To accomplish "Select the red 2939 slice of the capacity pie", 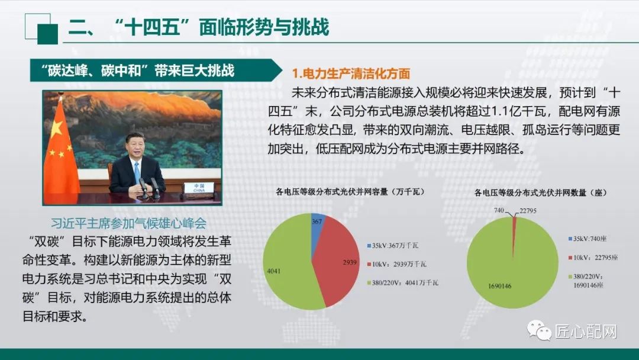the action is coord(336,261).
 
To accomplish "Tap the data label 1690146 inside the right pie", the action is coord(499,286).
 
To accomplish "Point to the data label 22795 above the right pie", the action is coord(528,211).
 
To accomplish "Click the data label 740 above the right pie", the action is coord(499,210).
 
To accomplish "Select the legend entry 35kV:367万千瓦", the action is coord(392,246).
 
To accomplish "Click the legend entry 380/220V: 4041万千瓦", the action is coord(403,282).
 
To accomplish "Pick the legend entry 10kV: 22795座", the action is coord(593,258).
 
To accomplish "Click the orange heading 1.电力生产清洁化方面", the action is coord(351,73).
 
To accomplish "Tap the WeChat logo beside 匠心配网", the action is coord(539,330).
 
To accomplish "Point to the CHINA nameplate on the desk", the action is coord(199,188).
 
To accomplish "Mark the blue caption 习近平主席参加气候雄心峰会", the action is coord(129,223).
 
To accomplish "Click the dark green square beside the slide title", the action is coord(48,34).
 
